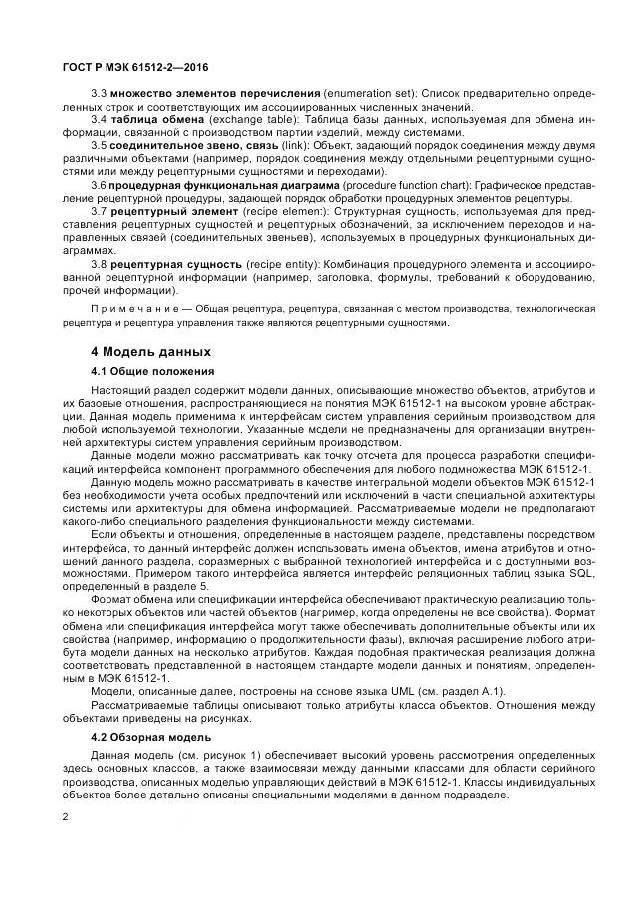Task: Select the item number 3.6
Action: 99,185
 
